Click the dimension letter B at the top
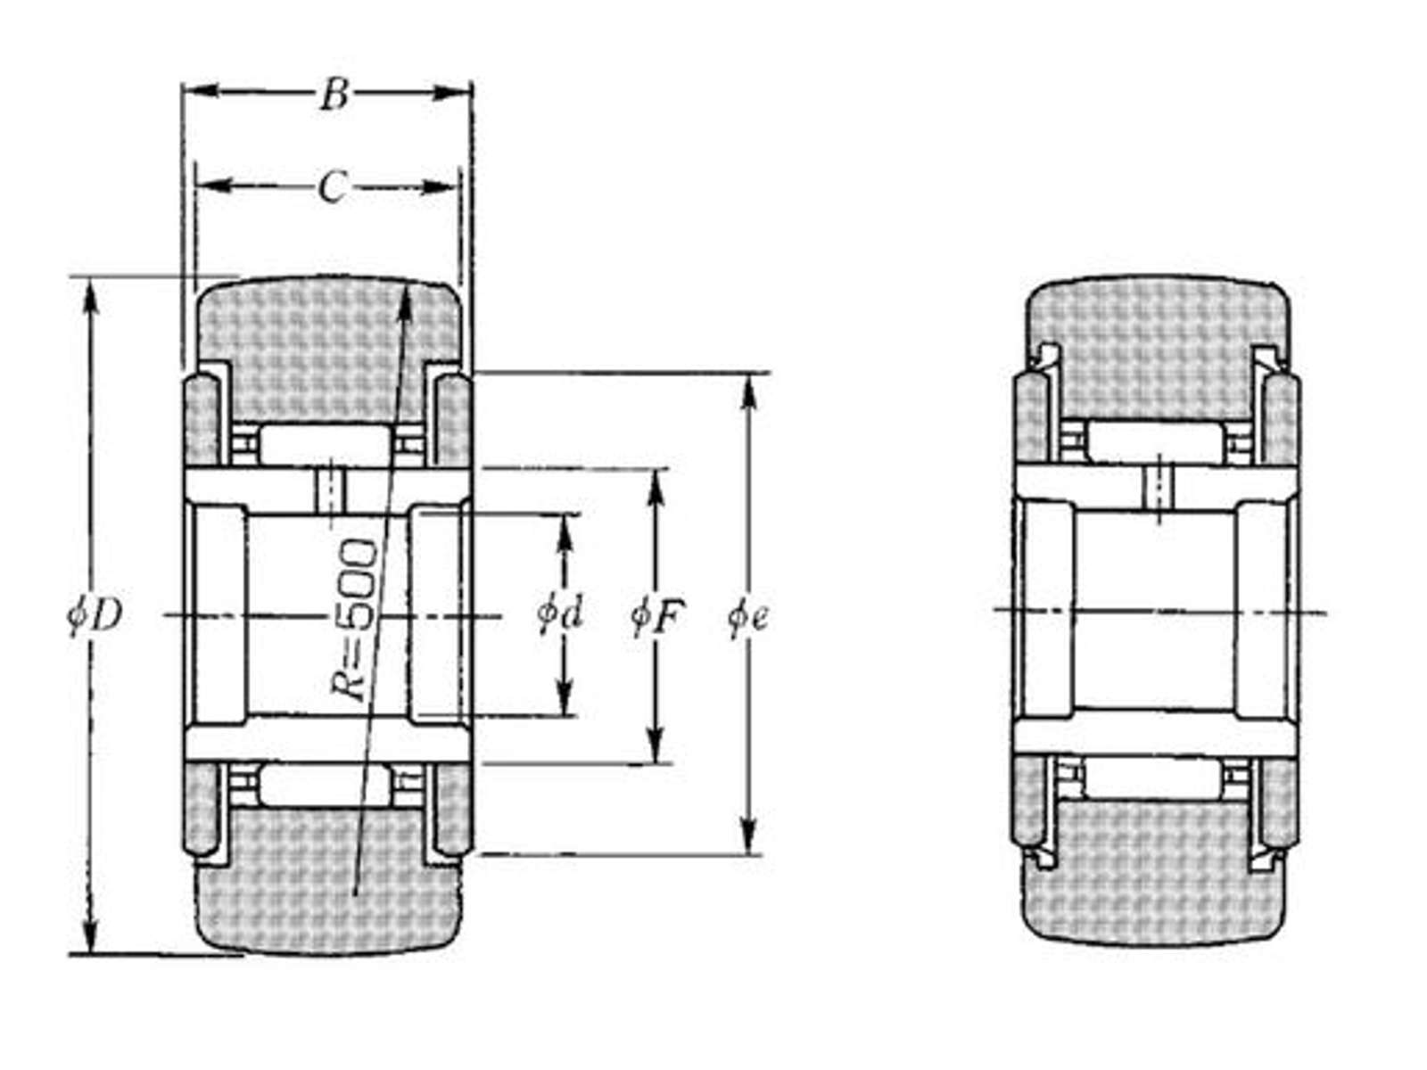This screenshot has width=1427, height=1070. pos(334,95)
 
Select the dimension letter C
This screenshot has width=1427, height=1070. pos(332,188)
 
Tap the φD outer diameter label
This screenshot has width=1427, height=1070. pos(95,614)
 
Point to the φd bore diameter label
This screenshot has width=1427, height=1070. pos(560,613)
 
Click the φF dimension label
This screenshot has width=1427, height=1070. pos(656,614)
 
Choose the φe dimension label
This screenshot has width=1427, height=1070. pos(747,616)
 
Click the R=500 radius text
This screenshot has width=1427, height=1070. pos(355,620)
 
